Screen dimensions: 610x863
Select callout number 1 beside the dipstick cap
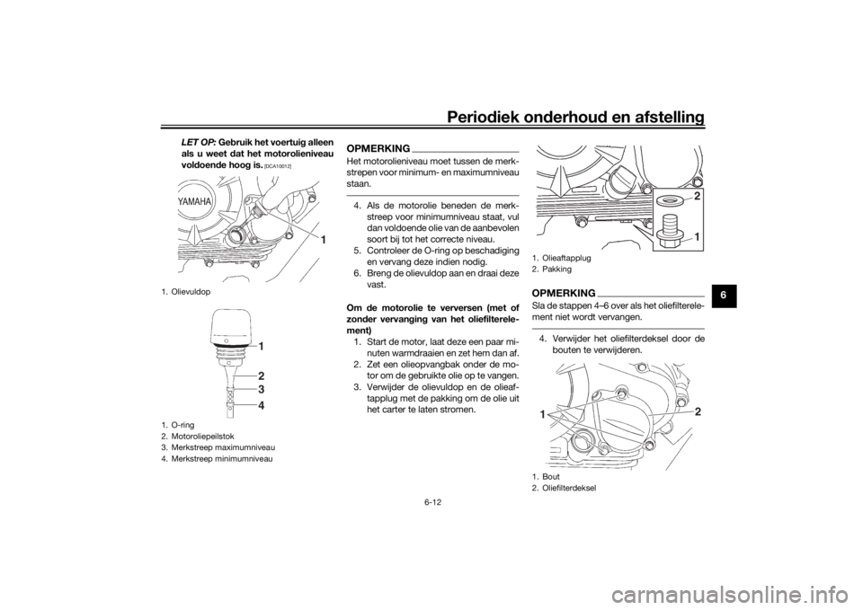[262, 346]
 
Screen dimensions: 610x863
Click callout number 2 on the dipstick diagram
[262, 375]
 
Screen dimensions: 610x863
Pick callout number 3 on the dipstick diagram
[262, 390]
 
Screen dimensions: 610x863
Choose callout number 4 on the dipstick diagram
[262, 406]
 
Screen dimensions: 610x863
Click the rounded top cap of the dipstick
[234, 327]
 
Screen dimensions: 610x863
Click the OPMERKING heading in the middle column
[377, 147]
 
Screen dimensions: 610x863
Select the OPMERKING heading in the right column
[564, 294]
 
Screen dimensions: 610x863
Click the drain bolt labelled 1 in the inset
[669, 231]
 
